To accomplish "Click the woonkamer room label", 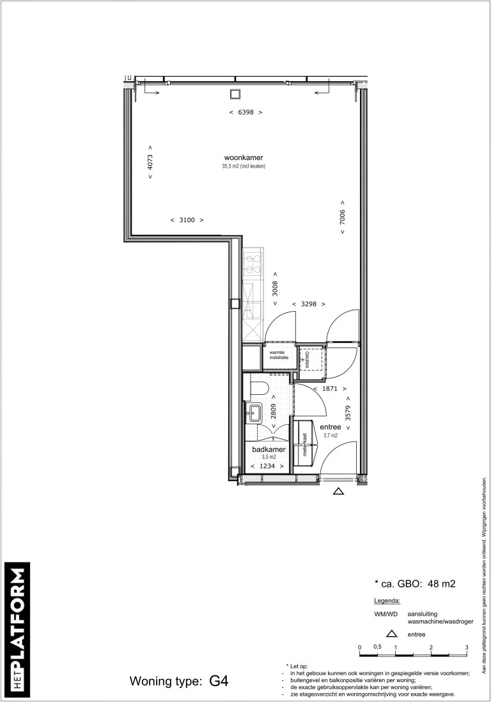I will click(244, 158).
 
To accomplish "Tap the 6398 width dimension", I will click(246, 112).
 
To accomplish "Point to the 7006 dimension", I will click(343, 222).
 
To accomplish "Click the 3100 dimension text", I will click(187, 220).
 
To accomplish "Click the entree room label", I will click(331, 427).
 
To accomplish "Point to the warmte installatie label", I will click(279, 355).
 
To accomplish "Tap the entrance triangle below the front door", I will click(338, 491).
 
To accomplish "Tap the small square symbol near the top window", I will click(235, 94).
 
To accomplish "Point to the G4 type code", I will click(219, 680).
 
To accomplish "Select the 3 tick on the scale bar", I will click(467, 647).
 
